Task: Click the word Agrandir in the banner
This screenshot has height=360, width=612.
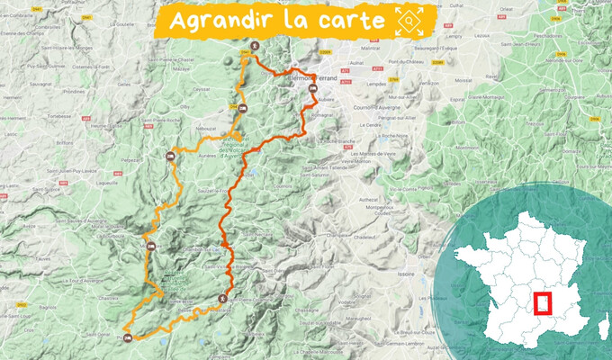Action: (225, 21)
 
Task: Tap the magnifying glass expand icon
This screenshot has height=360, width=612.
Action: (410, 20)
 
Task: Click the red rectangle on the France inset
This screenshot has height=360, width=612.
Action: (543, 302)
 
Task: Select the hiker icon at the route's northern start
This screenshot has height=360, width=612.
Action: (255, 47)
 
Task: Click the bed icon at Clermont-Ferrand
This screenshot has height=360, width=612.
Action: (312, 89)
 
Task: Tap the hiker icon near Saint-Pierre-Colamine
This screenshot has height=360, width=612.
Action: (223, 298)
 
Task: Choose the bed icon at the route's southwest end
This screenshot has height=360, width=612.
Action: (128, 338)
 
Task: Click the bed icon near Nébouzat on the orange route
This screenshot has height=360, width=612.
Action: (242, 110)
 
